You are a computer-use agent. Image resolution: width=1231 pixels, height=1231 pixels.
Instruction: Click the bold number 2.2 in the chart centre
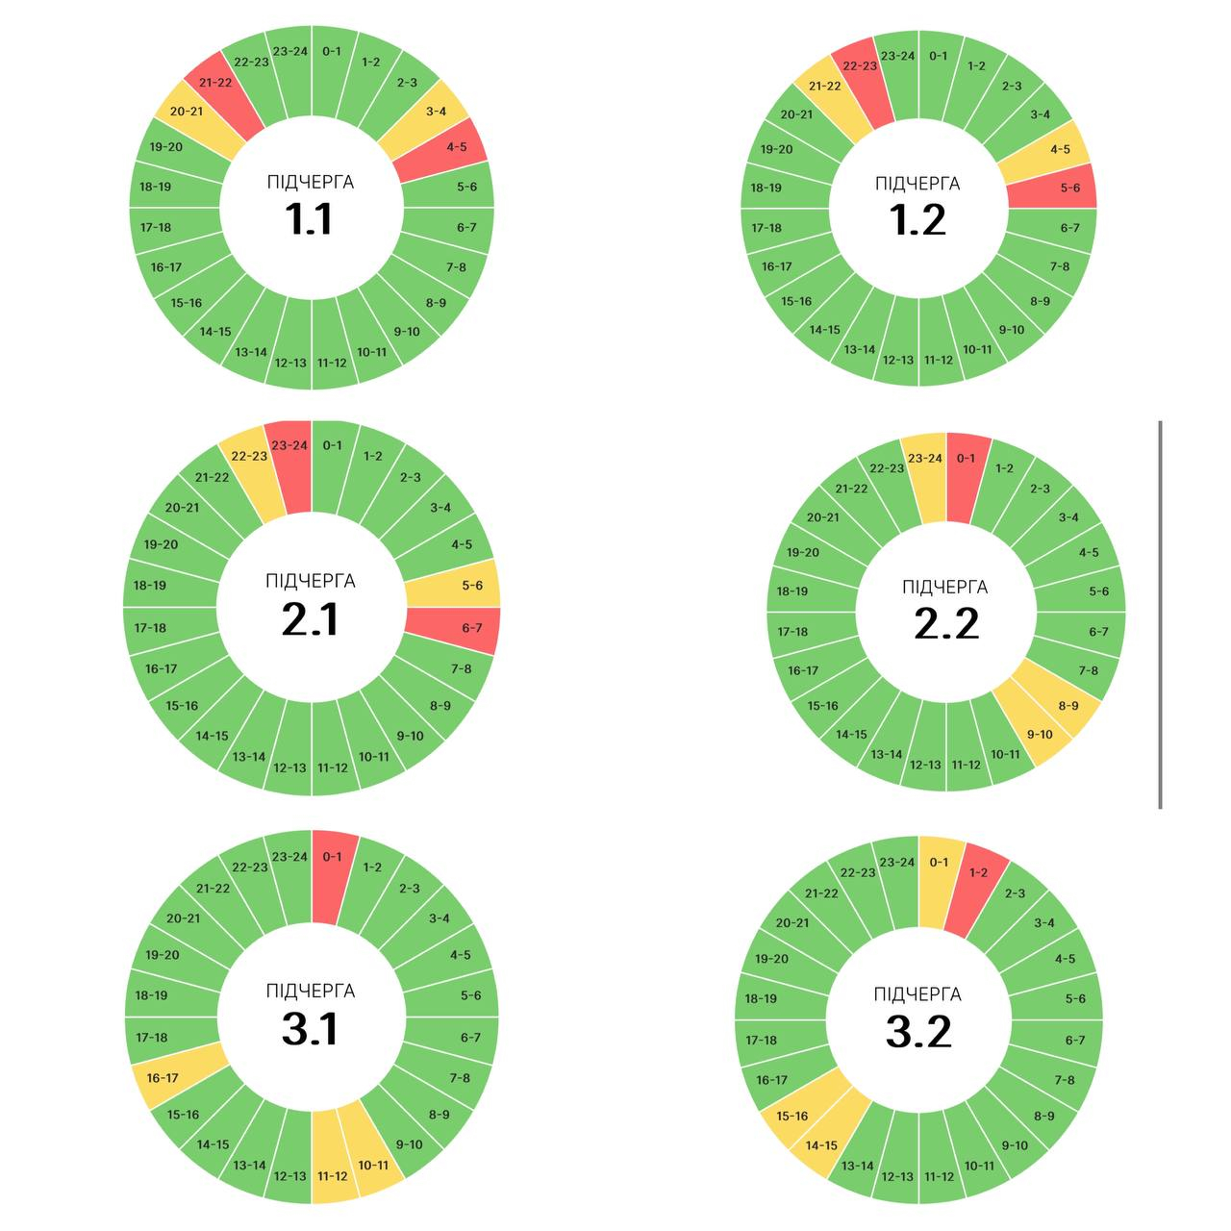(x=945, y=625)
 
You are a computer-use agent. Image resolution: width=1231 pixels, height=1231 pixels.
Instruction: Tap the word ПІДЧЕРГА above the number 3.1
(x=310, y=992)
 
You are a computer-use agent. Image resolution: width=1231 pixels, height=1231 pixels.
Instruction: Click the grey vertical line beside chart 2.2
(x=1160, y=615)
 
